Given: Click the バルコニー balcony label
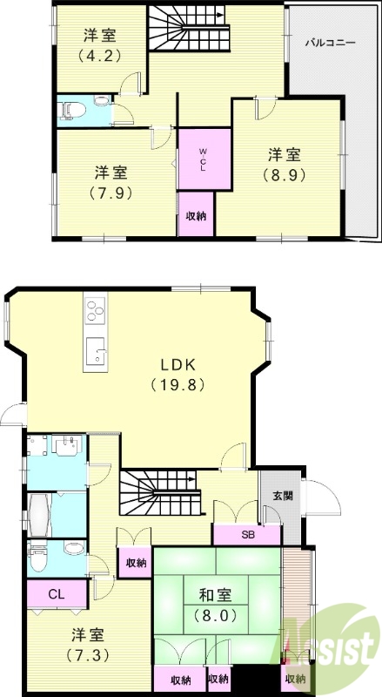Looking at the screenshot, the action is coord(330,43).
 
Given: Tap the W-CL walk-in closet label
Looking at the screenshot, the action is coord(203,160).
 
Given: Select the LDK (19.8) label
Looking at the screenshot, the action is coord(178,374).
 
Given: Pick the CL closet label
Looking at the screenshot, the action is coord(57,594).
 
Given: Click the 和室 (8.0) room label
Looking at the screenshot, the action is coord(215,605).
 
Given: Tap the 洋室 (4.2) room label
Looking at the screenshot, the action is coord(100,44).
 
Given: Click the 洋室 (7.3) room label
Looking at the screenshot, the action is coord(88,644).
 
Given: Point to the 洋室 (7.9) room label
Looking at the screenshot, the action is coord(111,182).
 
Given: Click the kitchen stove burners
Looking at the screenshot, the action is coord(96,310).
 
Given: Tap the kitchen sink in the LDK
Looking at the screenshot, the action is coord(96,350).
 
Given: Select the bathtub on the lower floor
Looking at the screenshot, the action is coord(40,515).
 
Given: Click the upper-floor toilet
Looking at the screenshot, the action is coord(70,111).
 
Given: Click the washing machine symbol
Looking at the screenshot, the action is coord(37,445).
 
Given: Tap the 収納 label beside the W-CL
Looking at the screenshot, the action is coord(196,217).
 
